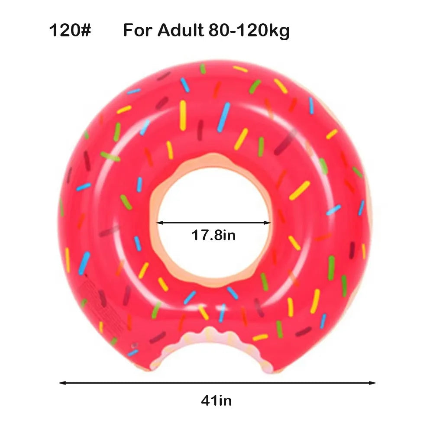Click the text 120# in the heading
70,31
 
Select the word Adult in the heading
181,31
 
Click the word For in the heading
138,31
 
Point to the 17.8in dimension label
214,236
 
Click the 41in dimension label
216,401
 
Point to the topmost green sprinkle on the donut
202,69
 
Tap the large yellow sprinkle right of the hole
300,191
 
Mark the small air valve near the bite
135,346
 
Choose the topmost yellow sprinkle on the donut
240,69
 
